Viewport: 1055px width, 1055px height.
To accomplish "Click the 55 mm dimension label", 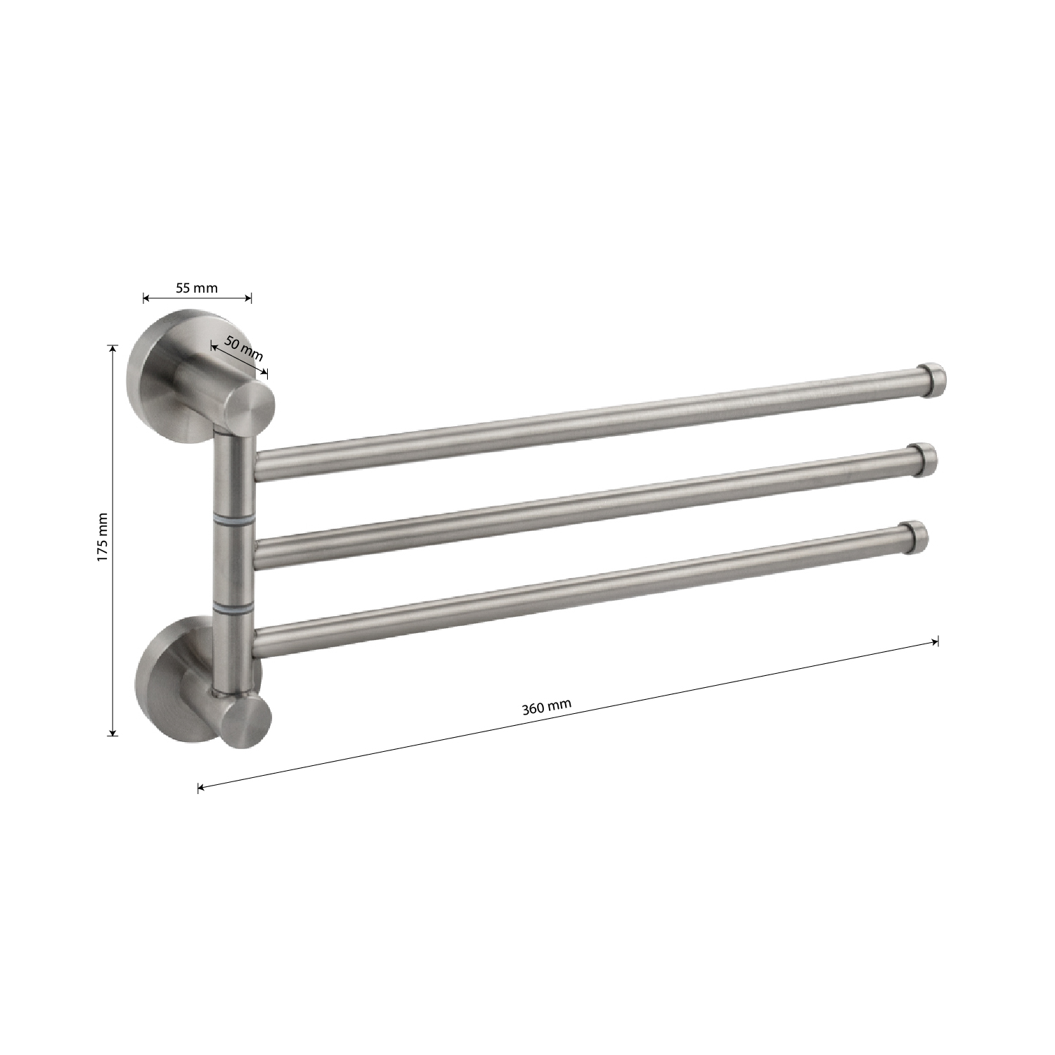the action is [197, 288].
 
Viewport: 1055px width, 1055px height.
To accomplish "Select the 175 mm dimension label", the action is [103, 536].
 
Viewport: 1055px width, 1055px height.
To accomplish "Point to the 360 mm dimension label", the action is [547, 707].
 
